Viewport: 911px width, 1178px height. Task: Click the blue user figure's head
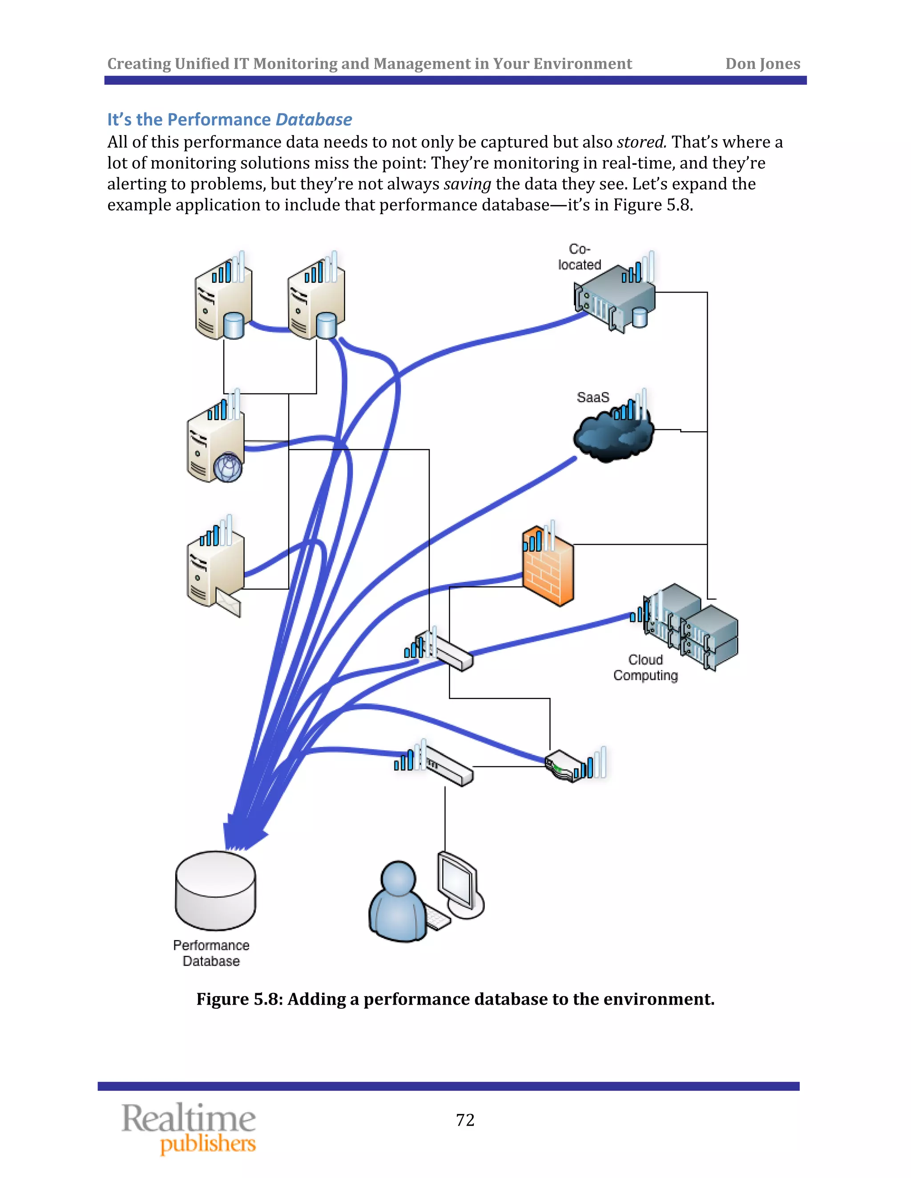398,877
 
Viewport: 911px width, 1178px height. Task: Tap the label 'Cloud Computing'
645,668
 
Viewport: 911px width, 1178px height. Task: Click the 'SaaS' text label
593,397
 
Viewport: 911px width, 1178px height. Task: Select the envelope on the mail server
228,602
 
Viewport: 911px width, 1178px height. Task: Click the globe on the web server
228,467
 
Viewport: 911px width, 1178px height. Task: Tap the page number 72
465,1120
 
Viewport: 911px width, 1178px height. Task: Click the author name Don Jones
762,64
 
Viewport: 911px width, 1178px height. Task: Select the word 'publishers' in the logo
208,1143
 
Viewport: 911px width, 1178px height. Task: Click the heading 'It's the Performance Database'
230,119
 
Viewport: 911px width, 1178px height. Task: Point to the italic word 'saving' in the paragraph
467,184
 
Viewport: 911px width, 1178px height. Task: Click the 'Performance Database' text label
211,953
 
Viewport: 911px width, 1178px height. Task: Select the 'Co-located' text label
580,257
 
